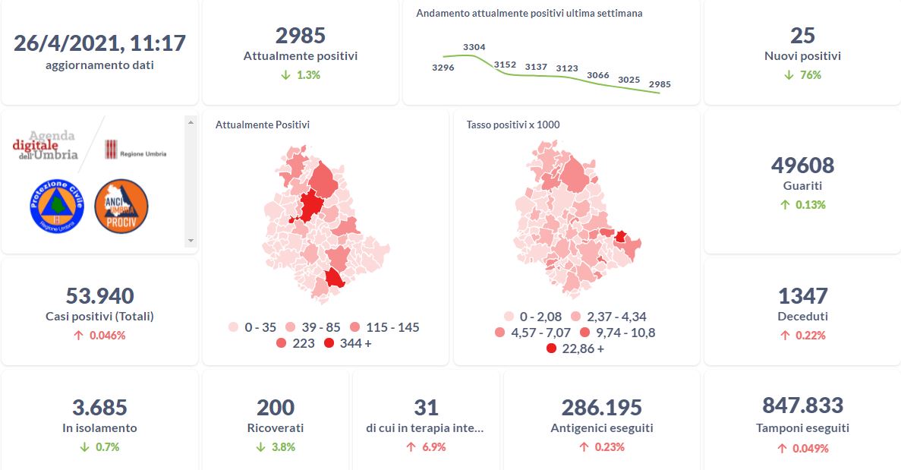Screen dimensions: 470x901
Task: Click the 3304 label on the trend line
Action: (x=474, y=47)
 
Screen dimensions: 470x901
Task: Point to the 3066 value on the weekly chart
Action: (x=597, y=75)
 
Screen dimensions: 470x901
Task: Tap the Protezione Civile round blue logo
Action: (x=56, y=206)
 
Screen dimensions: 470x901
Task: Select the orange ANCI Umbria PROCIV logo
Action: (x=121, y=206)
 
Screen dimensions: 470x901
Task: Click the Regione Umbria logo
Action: (x=135, y=150)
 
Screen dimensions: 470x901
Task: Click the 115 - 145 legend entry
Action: (x=384, y=327)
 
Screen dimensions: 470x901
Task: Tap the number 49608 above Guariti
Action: (x=802, y=165)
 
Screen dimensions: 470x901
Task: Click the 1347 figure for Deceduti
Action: (x=802, y=295)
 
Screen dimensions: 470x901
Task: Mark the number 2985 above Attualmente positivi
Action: (x=300, y=36)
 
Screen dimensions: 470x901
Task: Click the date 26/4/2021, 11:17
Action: (x=99, y=43)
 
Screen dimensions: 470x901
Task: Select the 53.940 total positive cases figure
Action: (x=99, y=295)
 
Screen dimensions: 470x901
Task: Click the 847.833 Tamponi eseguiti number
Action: (x=802, y=405)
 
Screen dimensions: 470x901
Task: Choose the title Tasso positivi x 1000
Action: (x=512, y=125)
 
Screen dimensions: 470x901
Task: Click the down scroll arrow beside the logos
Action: (x=191, y=240)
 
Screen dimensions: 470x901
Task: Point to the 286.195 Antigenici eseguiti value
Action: (x=601, y=408)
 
